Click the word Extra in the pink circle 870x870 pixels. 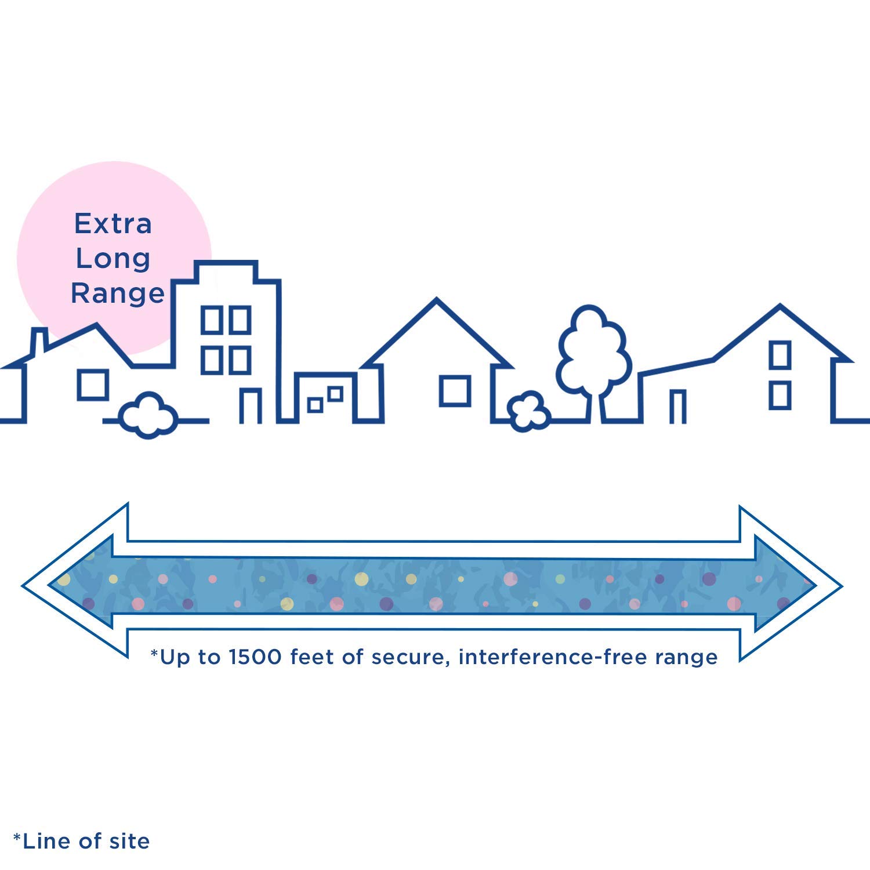tap(113, 224)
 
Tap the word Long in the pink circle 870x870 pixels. tap(113, 259)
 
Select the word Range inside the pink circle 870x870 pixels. tap(118, 293)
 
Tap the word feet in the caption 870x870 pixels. tap(311, 657)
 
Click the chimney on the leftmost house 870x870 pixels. tap(38, 342)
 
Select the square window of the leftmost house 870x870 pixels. tap(93, 384)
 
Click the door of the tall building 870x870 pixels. tap(251, 405)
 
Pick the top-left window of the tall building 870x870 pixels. tap(211, 320)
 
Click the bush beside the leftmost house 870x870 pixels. tap(148, 415)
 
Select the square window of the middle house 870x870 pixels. tap(455, 390)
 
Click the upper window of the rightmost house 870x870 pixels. tap(780, 354)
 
